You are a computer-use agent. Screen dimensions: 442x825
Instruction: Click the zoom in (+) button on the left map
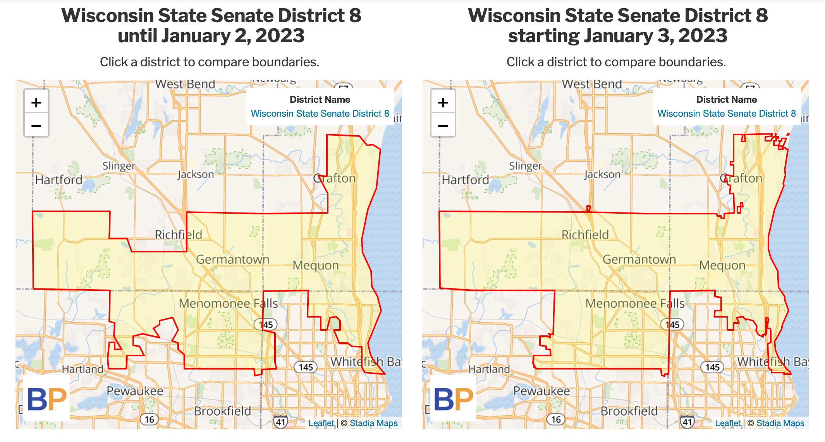[x=36, y=103]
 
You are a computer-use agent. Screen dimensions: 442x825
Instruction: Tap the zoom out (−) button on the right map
[x=443, y=126]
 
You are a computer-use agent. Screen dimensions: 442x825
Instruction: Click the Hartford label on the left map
[x=59, y=180]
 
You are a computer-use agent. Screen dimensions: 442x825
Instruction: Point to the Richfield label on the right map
[x=585, y=235]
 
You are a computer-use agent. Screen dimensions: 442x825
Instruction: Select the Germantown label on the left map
[x=232, y=259]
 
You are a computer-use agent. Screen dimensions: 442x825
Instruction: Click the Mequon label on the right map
[x=722, y=266]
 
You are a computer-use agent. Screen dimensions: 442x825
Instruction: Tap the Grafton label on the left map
[x=335, y=179]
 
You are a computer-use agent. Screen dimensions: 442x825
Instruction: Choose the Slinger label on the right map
[x=526, y=166]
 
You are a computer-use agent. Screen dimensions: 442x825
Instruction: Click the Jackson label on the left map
[x=196, y=175]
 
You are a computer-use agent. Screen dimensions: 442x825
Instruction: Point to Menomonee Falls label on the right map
[x=635, y=303]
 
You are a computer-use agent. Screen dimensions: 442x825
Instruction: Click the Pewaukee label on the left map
[x=135, y=391]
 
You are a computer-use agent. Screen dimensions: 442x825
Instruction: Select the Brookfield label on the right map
[x=629, y=411]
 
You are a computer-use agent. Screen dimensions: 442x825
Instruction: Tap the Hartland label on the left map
[x=82, y=369]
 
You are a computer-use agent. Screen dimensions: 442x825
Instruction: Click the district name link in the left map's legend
[x=320, y=114]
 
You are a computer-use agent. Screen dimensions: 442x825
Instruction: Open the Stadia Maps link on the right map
[x=780, y=423]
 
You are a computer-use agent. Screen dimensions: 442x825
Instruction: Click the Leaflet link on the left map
[x=321, y=423]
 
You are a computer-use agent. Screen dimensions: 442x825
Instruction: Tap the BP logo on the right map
[x=453, y=399]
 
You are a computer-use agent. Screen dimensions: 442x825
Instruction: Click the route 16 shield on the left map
[x=149, y=419]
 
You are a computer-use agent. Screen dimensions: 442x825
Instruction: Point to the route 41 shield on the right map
[x=687, y=422]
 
